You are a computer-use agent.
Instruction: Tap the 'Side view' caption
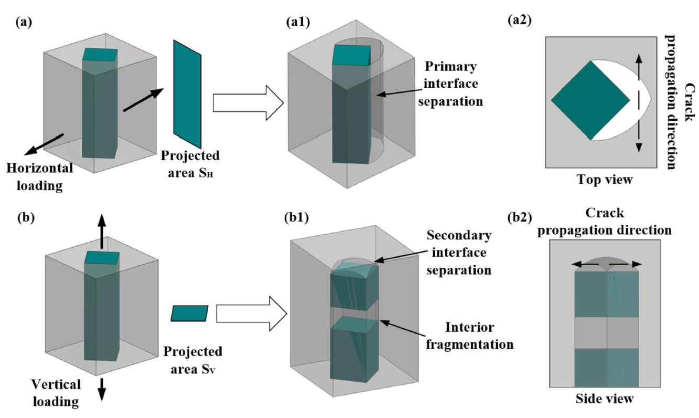[607, 399]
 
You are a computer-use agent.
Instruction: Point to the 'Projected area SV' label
[192, 360]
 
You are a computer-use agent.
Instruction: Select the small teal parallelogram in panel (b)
[189, 313]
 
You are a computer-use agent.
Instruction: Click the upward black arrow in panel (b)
[102, 231]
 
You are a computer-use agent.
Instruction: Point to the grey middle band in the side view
[607, 332]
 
